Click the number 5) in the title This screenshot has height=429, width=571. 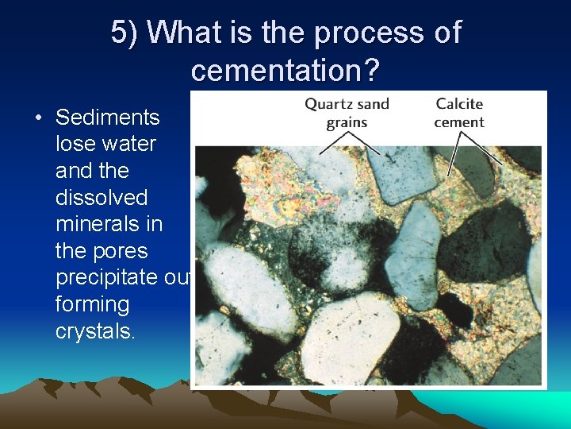[125, 33]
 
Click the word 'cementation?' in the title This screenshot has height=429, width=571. [285, 71]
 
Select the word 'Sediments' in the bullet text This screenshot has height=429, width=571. [107, 118]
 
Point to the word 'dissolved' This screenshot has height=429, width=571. [102, 197]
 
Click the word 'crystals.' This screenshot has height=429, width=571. [95, 331]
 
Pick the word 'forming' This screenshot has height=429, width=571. [92, 304]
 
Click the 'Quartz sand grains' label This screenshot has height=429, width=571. [347, 113]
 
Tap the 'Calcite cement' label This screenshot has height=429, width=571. [459, 113]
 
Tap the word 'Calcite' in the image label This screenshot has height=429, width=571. [459, 104]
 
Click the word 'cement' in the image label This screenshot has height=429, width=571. [459, 122]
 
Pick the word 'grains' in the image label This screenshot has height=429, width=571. [347, 122]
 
